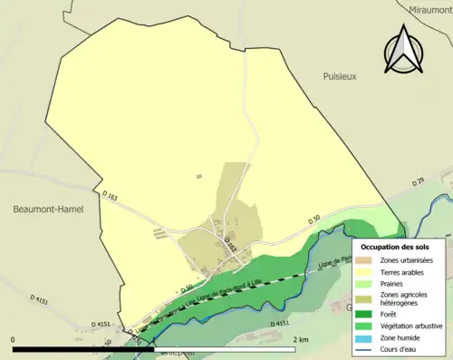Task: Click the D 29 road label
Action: point(417,182)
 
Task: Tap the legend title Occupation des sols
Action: point(395,246)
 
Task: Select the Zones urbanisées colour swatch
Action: point(367,261)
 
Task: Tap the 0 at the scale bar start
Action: point(14,339)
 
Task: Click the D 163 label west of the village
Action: point(111,194)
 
